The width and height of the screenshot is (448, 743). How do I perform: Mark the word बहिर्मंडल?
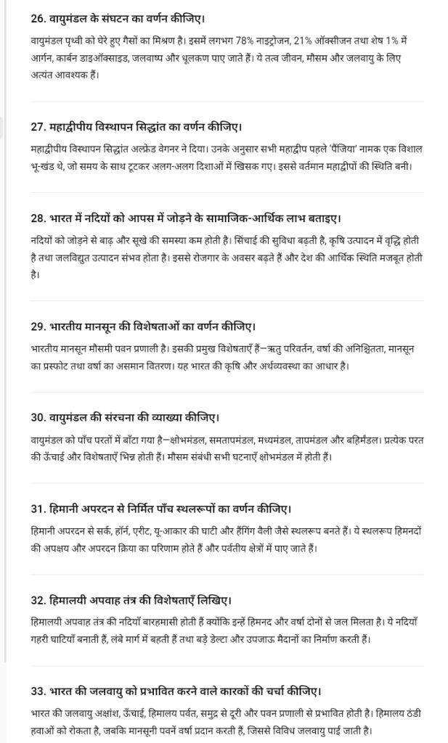(358, 441)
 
